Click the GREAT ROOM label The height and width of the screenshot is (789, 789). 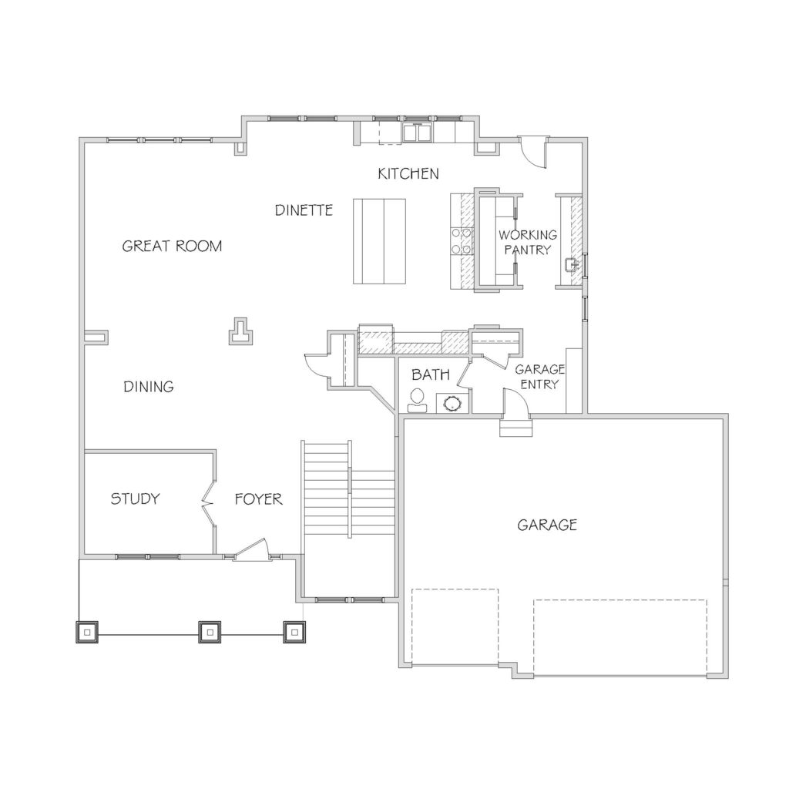click(172, 246)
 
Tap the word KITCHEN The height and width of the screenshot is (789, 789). click(408, 173)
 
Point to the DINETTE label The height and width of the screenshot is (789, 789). click(304, 210)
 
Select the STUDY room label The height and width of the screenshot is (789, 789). click(135, 499)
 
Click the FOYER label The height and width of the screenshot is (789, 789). click(258, 499)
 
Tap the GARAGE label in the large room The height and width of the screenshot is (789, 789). click(547, 525)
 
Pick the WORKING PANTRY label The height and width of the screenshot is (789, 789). click(528, 242)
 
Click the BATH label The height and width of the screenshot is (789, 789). click(430, 374)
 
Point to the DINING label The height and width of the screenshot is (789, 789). click(149, 387)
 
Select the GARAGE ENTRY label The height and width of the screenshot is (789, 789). click(539, 377)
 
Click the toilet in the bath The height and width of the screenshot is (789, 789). click(417, 401)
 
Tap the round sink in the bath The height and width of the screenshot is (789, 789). click(452, 403)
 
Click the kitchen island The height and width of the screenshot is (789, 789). click(379, 241)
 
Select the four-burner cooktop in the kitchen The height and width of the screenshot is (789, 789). click(461, 241)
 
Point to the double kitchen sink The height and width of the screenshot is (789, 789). click(417, 133)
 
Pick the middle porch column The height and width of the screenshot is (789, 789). click(210, 632)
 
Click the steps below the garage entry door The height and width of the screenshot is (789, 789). click(515, 428)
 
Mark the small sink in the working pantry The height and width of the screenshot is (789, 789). click(571, 265)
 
